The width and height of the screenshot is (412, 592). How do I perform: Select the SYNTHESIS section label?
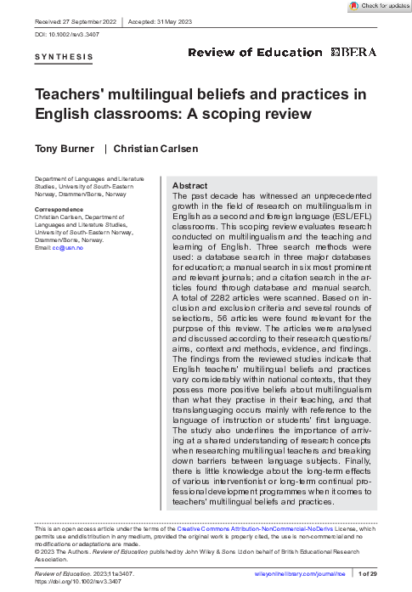(x=64, y=58)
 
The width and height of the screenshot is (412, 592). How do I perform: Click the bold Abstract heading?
(x=190, y=185)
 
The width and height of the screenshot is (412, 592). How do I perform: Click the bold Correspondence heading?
(x=59, y=209)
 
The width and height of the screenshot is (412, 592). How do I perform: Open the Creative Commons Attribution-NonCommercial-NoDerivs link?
(x=256, y=528)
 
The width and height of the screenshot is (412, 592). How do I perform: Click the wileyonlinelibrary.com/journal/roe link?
(x=302, y=576)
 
